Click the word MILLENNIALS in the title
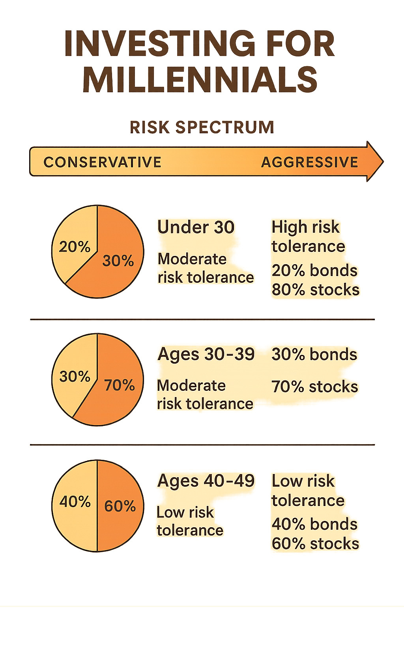tap(200, 80)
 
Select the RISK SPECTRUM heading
tap(202, 127)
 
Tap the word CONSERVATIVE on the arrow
tap(103, 162)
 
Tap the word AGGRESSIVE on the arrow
tap(310, 162)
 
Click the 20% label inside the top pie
tap(75, 247)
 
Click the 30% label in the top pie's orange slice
tap(118, 261)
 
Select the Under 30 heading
tap(196, 227)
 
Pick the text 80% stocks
tap(315, 289)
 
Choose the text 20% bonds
tap(314, 271)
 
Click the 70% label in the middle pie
tap(119, 385)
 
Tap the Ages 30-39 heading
tap(206, 354)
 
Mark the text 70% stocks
tap(314, 386)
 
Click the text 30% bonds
tap(314, 354)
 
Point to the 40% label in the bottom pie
tap(75, 502)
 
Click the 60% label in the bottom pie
tap(120, 506)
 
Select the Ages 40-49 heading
tap(206, 481)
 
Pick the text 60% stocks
tap(315, 543)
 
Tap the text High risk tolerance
tap(308, 237)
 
